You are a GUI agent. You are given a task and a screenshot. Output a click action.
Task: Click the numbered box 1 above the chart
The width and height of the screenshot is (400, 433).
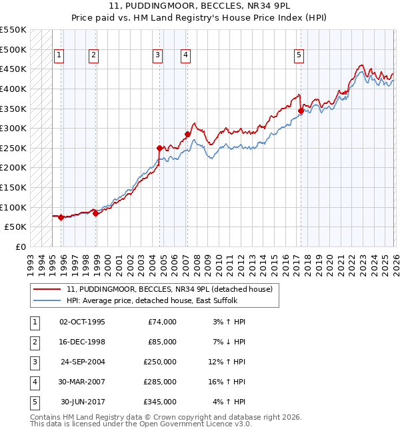pos(59,56)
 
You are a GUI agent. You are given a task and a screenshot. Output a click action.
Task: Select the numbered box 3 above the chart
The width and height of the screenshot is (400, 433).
pos(157,56)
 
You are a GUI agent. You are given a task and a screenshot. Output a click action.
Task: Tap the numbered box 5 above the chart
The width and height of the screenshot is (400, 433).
pos(299,56)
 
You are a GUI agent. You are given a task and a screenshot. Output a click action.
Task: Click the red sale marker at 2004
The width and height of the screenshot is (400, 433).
pos(159,148)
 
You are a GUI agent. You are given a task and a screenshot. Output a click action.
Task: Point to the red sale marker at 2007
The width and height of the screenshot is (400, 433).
pos(187,135)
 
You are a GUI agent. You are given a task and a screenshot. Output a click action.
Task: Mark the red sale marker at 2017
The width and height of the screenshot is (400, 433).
pos(301,111)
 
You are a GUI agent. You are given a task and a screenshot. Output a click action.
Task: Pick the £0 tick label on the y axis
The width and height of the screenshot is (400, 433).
pos(20,246)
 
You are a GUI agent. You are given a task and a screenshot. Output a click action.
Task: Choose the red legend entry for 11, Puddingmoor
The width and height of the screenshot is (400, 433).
pos(169,290)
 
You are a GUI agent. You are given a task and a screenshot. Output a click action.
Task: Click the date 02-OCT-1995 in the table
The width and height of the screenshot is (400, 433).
pos(83,322)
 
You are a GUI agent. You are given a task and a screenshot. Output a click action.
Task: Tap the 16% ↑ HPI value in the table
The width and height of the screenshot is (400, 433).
pos(230,382)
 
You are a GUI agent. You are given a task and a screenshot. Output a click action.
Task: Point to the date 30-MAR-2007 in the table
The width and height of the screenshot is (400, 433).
pos(83,382)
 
